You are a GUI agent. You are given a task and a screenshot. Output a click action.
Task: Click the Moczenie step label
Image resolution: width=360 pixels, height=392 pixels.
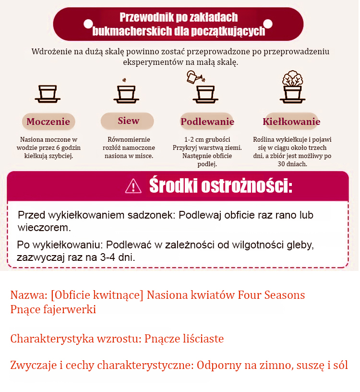(48, 122)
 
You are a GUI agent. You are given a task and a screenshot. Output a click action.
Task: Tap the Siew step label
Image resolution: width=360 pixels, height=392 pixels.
(128, 121)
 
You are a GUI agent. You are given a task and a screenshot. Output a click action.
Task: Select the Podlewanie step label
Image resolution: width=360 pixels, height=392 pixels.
(207, 122)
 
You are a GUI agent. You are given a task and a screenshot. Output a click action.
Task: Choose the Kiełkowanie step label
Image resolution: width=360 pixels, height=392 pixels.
(291, 122)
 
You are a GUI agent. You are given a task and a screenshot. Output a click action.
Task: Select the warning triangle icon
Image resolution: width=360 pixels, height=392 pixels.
(133, 185)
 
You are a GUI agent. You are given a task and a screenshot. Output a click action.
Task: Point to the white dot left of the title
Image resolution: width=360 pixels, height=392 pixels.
(88, 23)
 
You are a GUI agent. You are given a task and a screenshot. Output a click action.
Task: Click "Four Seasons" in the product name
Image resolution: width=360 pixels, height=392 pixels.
(271, 294)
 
